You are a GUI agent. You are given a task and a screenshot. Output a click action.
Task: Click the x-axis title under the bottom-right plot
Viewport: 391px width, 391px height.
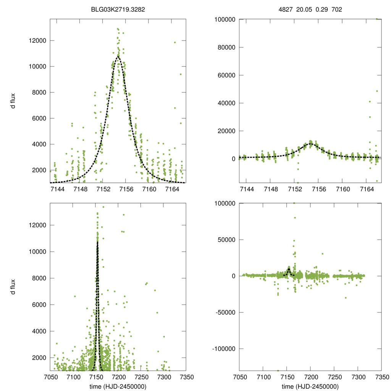(310, 386)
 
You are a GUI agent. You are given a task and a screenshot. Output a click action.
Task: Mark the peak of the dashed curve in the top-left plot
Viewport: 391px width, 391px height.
(118, 57)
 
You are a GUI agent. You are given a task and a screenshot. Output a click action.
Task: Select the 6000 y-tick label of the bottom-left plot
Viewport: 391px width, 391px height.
(39, 305)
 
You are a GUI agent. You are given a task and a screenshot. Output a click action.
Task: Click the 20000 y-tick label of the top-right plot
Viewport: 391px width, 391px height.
(225, 131)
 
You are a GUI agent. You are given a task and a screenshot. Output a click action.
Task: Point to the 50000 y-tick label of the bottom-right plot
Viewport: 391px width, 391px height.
(225, 240)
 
